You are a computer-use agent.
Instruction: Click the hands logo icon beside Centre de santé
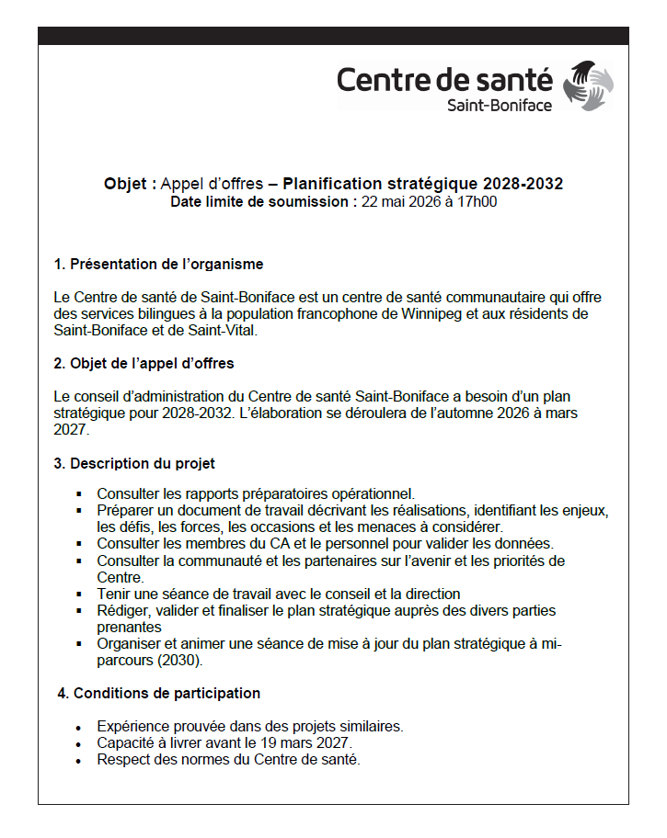coord(589,85)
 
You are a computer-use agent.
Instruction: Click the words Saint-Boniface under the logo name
coord(500,106)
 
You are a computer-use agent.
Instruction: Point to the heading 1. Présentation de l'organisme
coord(158,265)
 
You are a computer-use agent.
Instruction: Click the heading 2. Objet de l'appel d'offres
coord(144,363)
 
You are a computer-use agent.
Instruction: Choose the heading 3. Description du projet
coord(134,463)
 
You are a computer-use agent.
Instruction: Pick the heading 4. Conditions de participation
coord(158,693)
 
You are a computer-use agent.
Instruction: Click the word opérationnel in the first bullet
coord(374,493)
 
